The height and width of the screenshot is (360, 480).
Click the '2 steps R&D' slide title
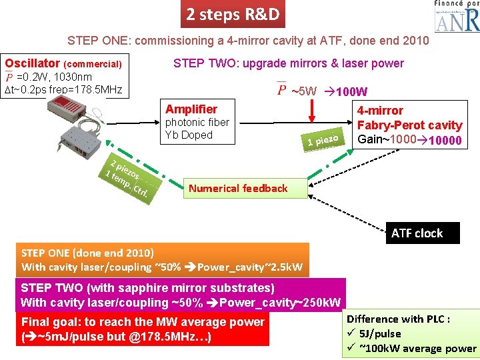pyautogui.click(x=233, y=14)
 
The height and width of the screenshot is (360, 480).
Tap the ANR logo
pyautogui.click(x=457, y=18)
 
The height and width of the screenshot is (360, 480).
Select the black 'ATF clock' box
pyautogui.click(x=417, y=233)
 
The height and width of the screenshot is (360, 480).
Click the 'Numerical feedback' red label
pyautogui.click(x=238, y=188)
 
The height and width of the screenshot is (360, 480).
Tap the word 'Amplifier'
pyautogui.click(x=191, y=109)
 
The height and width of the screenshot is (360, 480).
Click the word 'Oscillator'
pyautogui.click(x=30, y=64)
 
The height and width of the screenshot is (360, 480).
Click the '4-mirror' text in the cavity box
pyautogui.click(x=380, y=111)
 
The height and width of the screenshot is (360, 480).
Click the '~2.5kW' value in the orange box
pyautogui.click(x=279, y=267)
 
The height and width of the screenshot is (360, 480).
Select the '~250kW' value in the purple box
pyautogui.click(x=313, y=302)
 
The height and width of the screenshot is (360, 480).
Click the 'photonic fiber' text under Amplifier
pyautogui.click(x=197, y=122)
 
